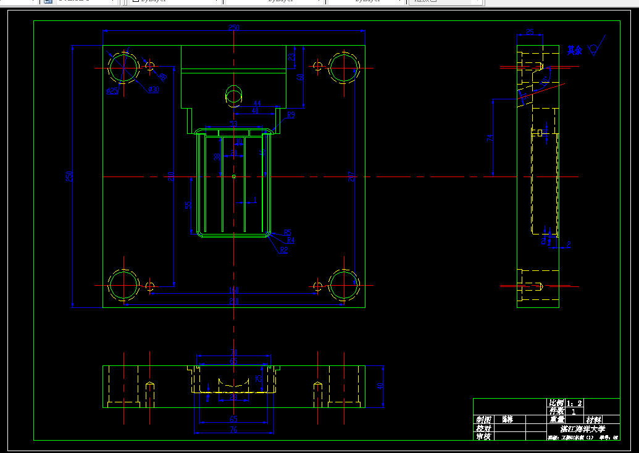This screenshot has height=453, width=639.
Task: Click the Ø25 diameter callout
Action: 113,91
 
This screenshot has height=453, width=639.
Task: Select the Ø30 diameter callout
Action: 153,90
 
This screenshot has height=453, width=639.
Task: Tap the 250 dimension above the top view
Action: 234,28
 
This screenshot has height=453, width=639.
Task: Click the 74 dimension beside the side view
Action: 490,138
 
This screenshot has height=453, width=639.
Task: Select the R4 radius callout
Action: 291,241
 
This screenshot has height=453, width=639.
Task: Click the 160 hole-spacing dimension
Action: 234,290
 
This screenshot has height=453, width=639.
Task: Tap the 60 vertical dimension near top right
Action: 301,77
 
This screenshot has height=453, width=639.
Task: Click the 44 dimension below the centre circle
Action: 256,104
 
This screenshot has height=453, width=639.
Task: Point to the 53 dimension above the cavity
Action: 234,124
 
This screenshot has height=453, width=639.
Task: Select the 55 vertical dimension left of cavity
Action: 188,205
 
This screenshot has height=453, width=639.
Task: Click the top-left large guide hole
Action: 123,67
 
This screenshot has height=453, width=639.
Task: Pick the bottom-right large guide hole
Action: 343,286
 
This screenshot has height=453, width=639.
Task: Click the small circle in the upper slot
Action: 234,94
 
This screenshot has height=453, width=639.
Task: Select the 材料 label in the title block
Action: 594,420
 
